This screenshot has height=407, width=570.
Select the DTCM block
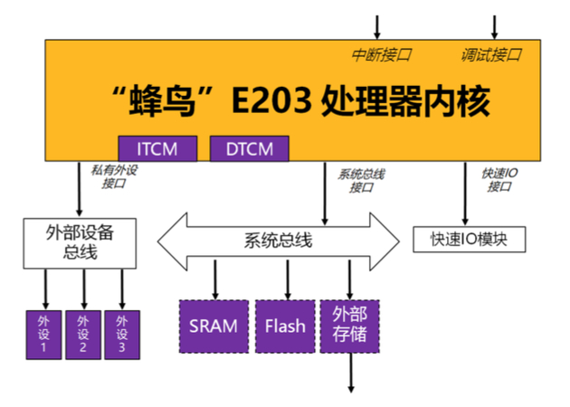pyautogui.click(x=249, y=148)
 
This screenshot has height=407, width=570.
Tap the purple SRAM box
pyautogui.click(x=214, y=326)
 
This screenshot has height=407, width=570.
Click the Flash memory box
pyautogui.click(x=286, y=326)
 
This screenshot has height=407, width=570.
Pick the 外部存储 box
pyautogui.click(x=350, y=326)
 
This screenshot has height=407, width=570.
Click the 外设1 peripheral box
pyautogui.click(x=43, y=333)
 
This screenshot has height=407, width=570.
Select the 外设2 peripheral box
pyautogui.click(x=83, y=333)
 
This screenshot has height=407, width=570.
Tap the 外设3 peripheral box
pyautogui.click(x=122, y=333)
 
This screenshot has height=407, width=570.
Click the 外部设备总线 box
pyautogui.click(x=80, y=241)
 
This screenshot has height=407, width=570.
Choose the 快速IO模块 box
pyautogui.click(x=468, y=240)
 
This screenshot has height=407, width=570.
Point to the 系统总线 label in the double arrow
pyautogui.click(x=278, y=240)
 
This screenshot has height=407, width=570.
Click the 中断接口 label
pyautogui.click(x=381, y=55)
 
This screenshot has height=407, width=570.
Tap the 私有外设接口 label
pyautogui.click(x=112, y=175)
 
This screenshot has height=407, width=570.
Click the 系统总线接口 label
pyautogui.click(x=361, y=180)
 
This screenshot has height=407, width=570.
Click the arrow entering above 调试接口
pyautogui.click(x=495, y=25)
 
